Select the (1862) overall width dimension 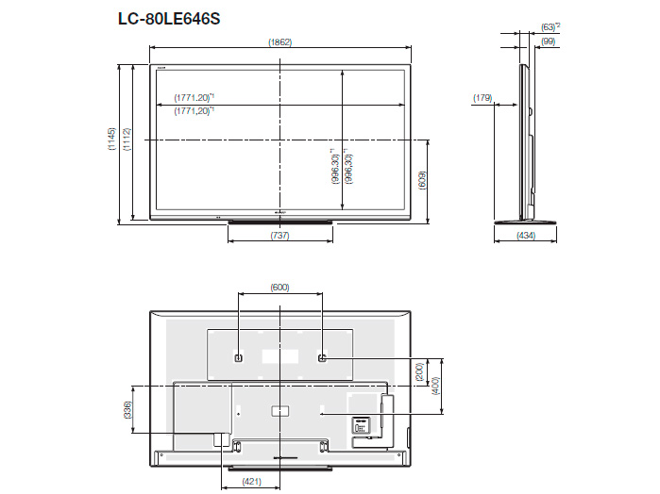(279, 41)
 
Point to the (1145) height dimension (111, 140)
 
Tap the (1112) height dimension (126, 140)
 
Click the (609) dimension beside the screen (422, 179)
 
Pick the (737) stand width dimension (279, 235)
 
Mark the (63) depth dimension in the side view (549, 26)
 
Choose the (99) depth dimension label (548, 41)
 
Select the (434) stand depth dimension (527, 235)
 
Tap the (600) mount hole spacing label (279, 287)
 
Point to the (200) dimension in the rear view (420, 375)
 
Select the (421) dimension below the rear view (249, 481)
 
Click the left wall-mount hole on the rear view (238, 358)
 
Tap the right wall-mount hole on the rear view (322, 358)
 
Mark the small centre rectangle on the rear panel (279, 410)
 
